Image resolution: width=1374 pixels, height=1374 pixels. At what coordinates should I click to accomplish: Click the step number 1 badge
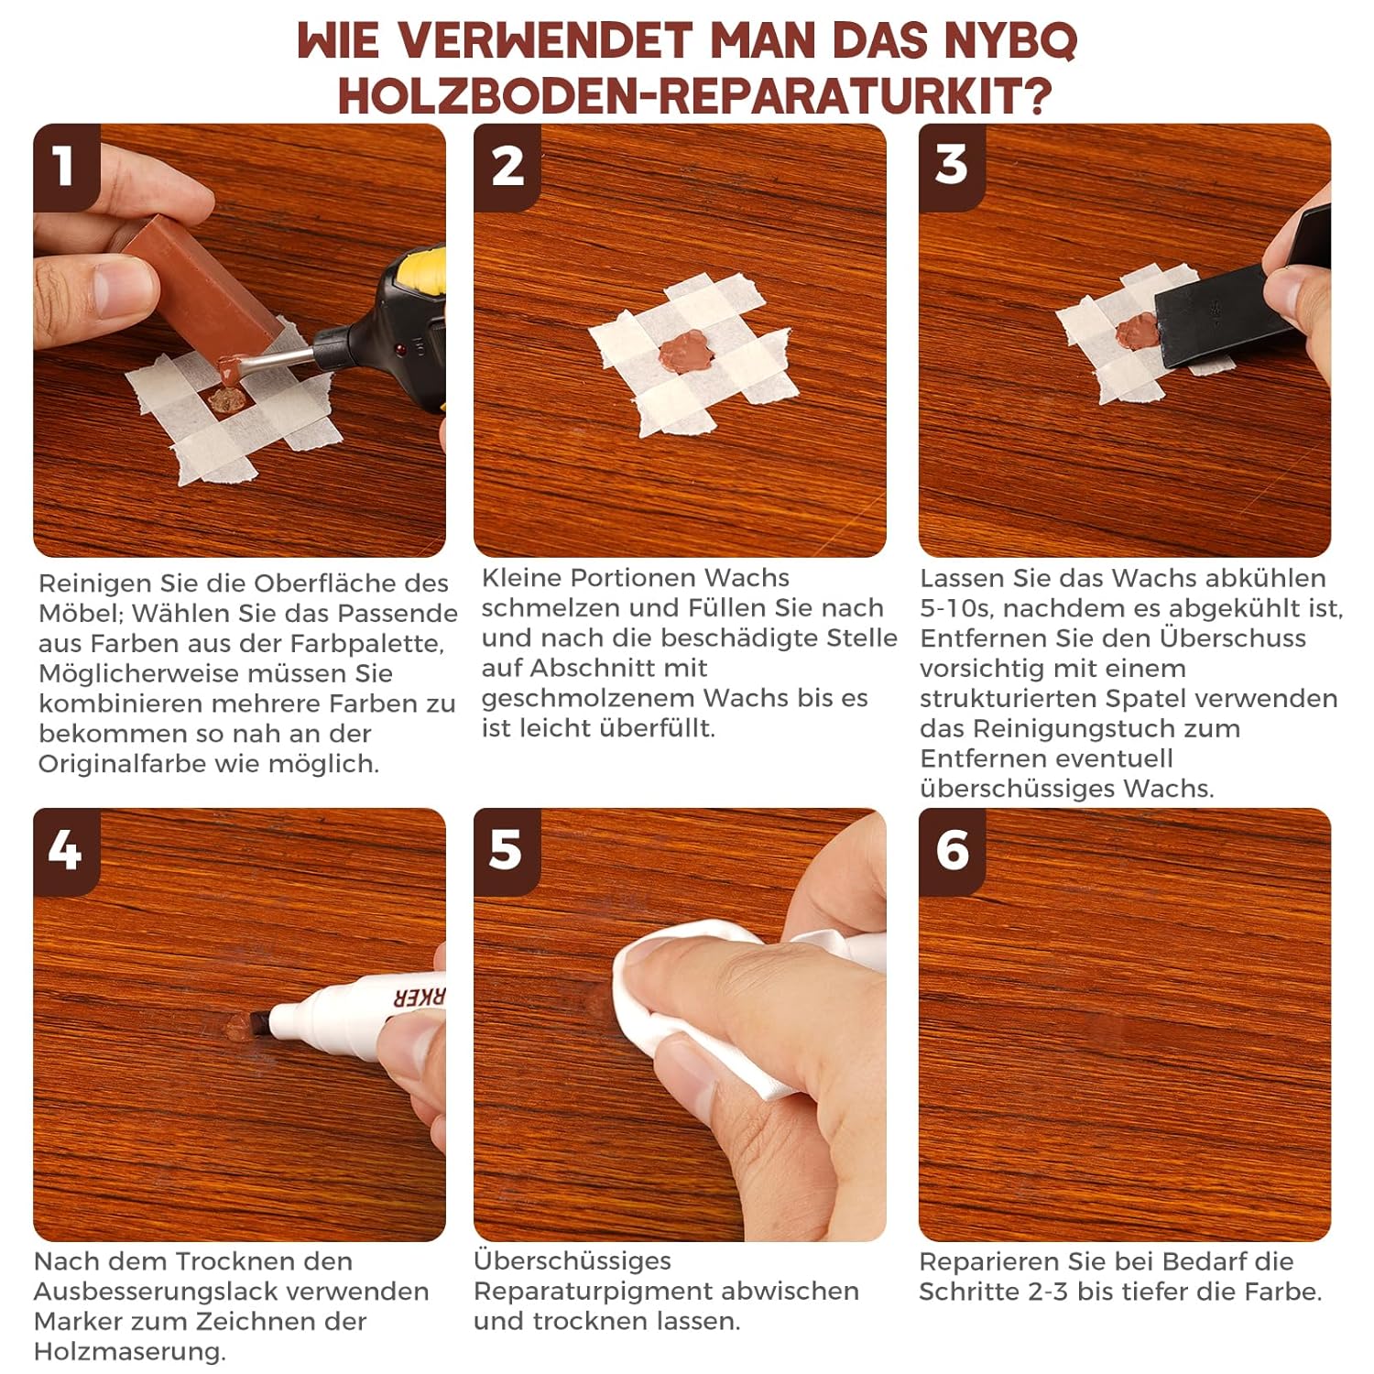66,167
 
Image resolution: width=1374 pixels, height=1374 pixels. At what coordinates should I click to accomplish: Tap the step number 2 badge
507,167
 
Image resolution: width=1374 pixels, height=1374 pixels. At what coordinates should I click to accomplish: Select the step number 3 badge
952,167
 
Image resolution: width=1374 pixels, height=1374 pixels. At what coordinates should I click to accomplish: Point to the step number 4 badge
66,851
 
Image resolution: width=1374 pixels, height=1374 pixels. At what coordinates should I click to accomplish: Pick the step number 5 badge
507,851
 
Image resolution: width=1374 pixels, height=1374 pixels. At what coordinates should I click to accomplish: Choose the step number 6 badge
952,851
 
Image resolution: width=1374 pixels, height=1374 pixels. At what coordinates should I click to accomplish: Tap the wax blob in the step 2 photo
686,351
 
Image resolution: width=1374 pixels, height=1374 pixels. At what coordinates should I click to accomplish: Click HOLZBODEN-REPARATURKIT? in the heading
695,95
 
